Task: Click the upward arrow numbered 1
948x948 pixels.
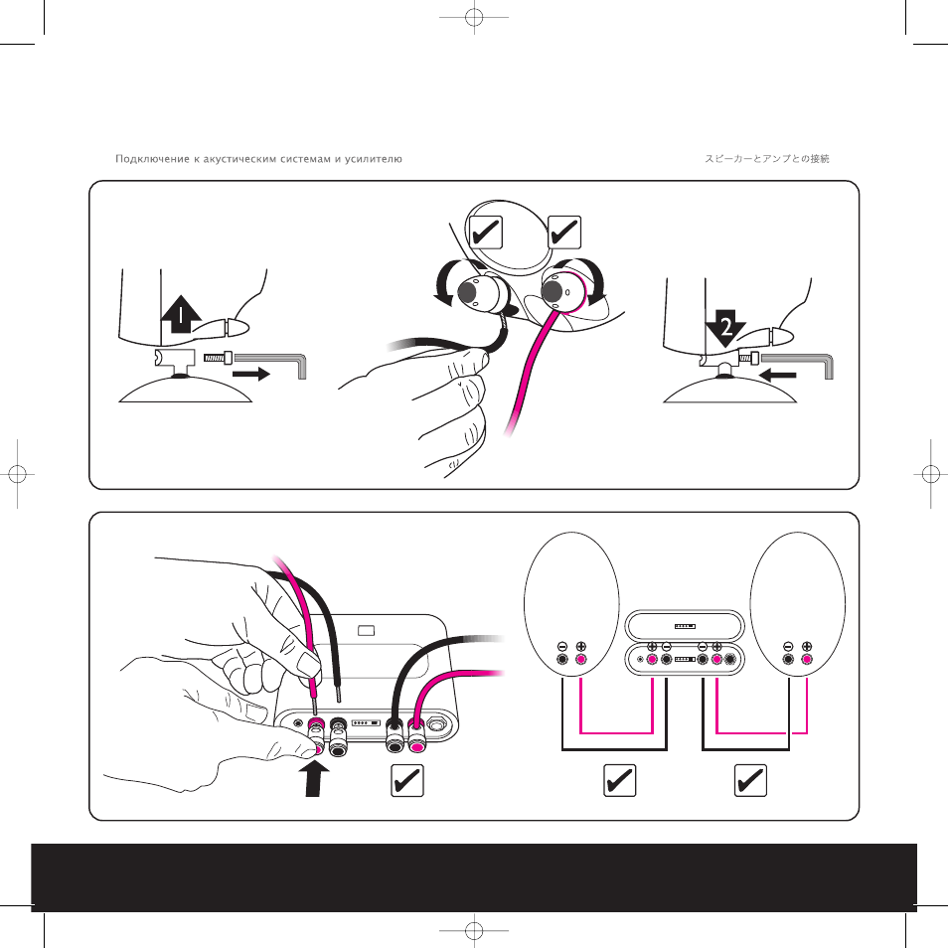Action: [x=181, y=314]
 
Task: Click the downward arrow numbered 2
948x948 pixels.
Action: [x=725, y=328]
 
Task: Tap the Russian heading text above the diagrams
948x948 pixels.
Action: [x=258, y=159]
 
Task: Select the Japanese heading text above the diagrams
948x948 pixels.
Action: [x=766, y=158]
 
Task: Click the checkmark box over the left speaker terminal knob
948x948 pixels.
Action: [x=486, y=233]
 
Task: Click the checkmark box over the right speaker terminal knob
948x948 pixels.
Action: [x=564, y=233]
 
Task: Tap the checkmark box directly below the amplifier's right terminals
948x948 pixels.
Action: [x=406, y=780]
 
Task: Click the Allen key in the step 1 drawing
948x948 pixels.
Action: [x=271, y=364]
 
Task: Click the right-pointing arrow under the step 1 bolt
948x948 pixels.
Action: [x=250, y=375]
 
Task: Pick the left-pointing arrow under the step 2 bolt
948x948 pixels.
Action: [x=777, y=375]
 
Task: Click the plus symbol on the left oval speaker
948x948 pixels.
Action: [x=581, y=646]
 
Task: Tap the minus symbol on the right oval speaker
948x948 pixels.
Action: [x=788, y=646]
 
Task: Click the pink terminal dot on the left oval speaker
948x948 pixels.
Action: [x=580, y=660]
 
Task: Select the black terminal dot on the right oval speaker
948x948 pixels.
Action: [x=788, y=660]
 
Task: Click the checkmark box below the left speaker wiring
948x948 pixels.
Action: [x=620, y=780]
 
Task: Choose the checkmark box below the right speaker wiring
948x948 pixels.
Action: [x=750, y=780]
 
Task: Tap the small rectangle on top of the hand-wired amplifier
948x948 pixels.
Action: [x=367, y=631]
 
